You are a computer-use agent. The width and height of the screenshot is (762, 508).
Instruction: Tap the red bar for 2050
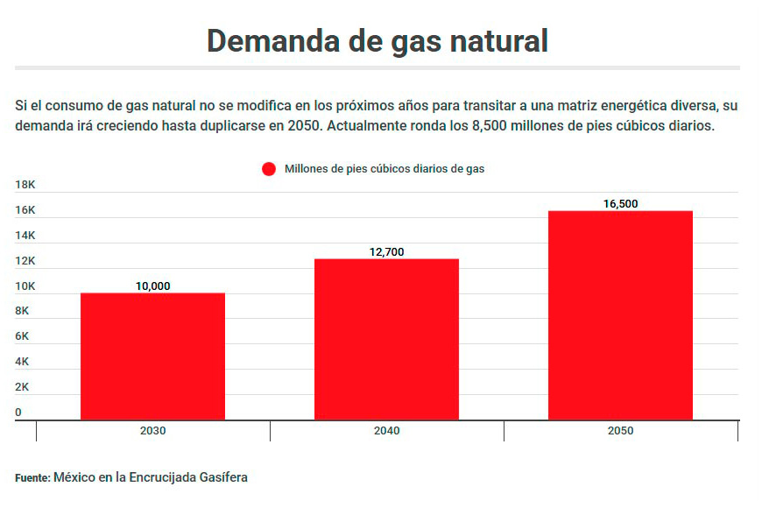coord(620,315)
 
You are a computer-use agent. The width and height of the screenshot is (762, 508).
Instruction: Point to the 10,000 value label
coord(152,286)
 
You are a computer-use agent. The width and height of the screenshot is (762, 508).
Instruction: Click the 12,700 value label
coord(386,251)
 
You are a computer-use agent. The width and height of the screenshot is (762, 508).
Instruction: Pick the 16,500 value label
coord(620,203)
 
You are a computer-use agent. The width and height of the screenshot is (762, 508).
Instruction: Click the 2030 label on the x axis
coord(152,431)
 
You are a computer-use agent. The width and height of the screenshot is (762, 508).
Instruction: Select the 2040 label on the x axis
coord(386,431)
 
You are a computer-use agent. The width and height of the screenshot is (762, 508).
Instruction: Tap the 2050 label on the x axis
coord(620,431)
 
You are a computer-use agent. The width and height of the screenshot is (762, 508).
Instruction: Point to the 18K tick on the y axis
coord(25,185)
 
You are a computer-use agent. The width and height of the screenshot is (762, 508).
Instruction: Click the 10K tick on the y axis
coord(25,286)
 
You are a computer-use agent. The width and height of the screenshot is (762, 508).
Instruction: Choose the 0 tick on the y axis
coord(18,412)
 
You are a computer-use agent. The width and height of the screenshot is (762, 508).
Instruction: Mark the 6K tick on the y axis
coord(22,336)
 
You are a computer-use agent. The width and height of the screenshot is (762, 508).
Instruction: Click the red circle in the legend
coord(269,169)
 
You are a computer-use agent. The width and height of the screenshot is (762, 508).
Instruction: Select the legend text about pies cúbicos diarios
coord(385,169)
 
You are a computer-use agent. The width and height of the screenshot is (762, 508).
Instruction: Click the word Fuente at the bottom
coord(32,477)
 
